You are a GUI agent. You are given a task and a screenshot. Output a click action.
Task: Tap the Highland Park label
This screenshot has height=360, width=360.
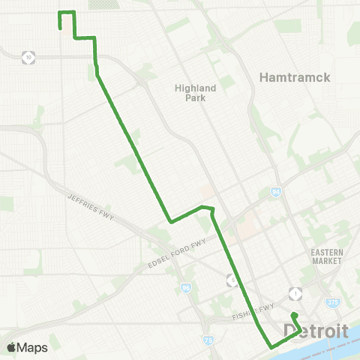click(195, 93)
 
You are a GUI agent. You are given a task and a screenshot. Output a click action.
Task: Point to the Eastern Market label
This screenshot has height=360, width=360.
click(327, 256)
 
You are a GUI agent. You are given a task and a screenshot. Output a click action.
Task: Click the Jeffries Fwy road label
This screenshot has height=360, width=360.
click(89, 202)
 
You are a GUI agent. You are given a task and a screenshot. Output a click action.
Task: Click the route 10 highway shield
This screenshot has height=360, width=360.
click(28, 56)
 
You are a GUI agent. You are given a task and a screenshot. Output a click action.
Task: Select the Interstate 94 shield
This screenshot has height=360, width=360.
click(276, 192)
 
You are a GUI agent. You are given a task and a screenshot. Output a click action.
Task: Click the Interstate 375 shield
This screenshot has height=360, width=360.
click(331, 302)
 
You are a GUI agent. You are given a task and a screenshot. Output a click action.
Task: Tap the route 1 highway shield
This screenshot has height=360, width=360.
click(298, 292)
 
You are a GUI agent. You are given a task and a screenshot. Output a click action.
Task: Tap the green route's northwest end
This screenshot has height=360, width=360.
click(59, 28)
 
